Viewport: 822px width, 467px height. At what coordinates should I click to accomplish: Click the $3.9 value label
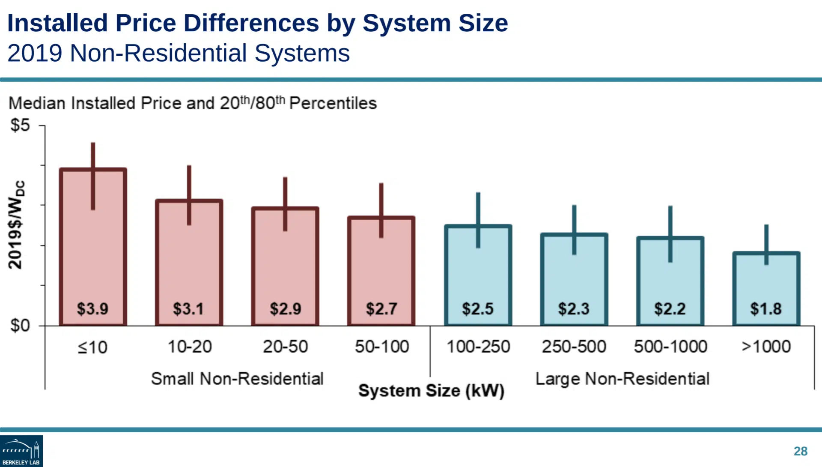click(92, 308)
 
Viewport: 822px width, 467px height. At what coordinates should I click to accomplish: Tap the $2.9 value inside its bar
click(285, 308)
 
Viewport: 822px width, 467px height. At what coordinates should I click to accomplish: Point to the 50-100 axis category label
click(382, 347)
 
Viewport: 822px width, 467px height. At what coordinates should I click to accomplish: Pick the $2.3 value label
click(574, 308)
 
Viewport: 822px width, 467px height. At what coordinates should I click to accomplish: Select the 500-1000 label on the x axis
click(670, 347)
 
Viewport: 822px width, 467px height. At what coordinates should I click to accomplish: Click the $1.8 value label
click(766, 308)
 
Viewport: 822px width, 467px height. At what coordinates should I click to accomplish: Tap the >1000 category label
click(766, 347)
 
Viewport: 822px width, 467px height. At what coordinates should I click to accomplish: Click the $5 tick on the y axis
click(20, 125)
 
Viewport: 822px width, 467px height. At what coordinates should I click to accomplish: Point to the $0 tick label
click(20, 326)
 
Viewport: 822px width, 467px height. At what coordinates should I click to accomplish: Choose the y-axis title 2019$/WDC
click(16, 225)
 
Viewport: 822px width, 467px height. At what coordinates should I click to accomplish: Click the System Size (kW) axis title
click(431, 391)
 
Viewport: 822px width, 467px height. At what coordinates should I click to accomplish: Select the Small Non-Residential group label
click(237, 379)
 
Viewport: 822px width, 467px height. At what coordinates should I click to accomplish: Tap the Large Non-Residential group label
click(622, 379)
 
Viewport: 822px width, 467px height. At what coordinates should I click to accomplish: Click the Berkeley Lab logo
click(21, 451)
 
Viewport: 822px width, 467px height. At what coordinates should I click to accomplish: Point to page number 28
click(800, 451)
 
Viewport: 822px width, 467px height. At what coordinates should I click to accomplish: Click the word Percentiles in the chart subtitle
click(333, 103)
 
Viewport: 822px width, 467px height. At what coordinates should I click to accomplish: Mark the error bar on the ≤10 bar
click(93, 176)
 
